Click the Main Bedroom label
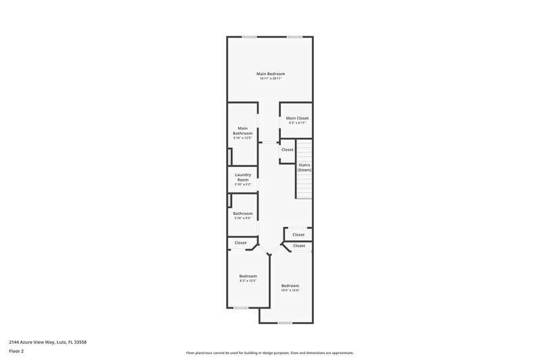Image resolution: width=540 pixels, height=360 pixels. pos(270,74)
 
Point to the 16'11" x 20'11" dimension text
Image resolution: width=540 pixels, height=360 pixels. pos(270,78)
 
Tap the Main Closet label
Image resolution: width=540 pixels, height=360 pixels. pos(297,118)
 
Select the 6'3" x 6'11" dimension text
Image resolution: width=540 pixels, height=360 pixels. pos(297,123)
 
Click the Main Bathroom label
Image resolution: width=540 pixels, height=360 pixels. pos(243,131)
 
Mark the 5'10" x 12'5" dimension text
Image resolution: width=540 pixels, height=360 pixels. pos(243,138)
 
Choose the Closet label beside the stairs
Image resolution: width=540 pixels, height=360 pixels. pos(288,149)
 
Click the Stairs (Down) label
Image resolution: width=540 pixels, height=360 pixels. pos(305,168)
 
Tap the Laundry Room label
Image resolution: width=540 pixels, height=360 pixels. pos(243,178)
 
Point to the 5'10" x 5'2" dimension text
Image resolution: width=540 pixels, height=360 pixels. pos(243,184)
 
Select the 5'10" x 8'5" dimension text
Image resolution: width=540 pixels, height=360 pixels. pos(243,218)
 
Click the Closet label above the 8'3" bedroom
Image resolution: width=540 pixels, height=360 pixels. pos(240,242)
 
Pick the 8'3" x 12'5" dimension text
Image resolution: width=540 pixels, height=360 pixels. pos(248,281)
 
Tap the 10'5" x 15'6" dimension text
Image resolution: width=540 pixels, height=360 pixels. pos(290,290)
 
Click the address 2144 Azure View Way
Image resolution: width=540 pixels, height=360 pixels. pos(47,342)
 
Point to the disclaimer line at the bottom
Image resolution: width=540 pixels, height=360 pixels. pos(269,353)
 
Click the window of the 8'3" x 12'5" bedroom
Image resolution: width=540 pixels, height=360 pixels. pos(241,308)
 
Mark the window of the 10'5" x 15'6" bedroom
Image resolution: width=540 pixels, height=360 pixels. pos(285,323)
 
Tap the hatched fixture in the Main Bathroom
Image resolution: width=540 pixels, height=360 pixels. pos(230,156)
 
